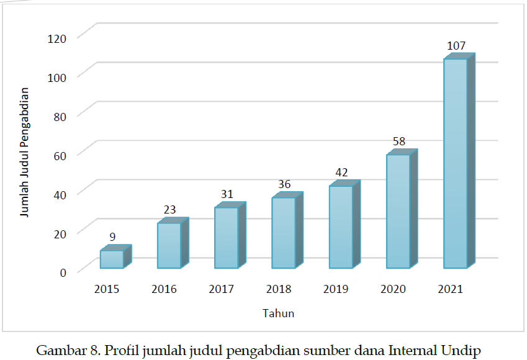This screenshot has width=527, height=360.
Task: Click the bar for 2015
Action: (112, 259)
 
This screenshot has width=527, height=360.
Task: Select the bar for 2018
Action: (283, 233)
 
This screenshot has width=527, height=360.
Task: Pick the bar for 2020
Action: (398, 211)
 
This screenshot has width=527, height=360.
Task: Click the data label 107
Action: (456, 47)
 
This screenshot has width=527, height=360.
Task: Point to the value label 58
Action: (399, 142)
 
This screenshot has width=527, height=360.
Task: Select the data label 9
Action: (112, 236)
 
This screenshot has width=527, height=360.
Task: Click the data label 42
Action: (341, 173)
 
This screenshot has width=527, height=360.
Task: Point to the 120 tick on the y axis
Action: (56, 37)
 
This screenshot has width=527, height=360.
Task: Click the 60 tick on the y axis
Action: (60, 154)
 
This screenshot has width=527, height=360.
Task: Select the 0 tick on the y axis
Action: (63, 271)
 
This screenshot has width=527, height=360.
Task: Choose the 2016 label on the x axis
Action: (164, 289)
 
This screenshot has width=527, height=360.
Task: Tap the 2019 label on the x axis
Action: (336, 289)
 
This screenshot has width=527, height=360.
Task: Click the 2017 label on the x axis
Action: (222, 289)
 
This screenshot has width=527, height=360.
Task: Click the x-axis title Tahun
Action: (277, 313)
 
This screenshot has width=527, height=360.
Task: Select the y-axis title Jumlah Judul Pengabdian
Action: (25, 152)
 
